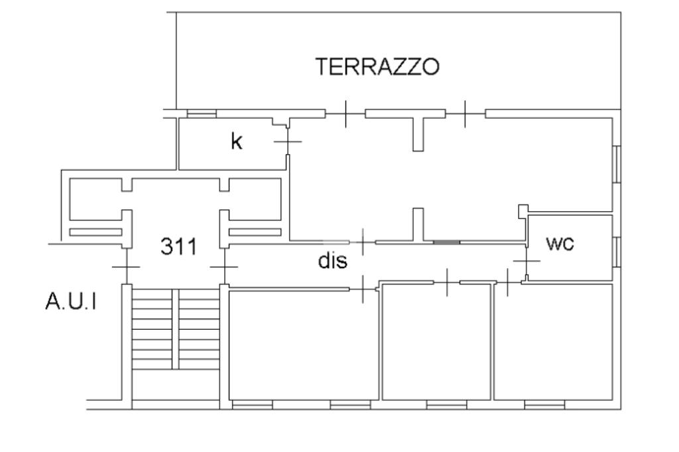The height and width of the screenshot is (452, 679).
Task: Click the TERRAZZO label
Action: (x=377, y=67)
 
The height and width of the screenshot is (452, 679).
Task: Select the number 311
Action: (x=179, y=247)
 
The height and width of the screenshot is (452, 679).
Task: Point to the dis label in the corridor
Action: (x=333, y=261)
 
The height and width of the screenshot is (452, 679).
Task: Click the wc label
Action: (x=560, y=244)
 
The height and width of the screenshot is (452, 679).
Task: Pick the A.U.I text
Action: (x=70, y=303)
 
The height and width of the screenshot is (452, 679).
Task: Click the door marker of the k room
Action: (x=287, y=141)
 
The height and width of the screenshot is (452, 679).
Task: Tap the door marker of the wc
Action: (x=526, y=260)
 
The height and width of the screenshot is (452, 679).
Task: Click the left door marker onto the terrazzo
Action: (x=345, y=114)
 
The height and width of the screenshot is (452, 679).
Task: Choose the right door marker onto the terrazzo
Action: (x=465, y=114)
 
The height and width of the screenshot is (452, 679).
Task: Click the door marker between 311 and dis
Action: (x=224, y=267)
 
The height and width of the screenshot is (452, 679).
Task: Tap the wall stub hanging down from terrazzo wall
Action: (x=418, y=133)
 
